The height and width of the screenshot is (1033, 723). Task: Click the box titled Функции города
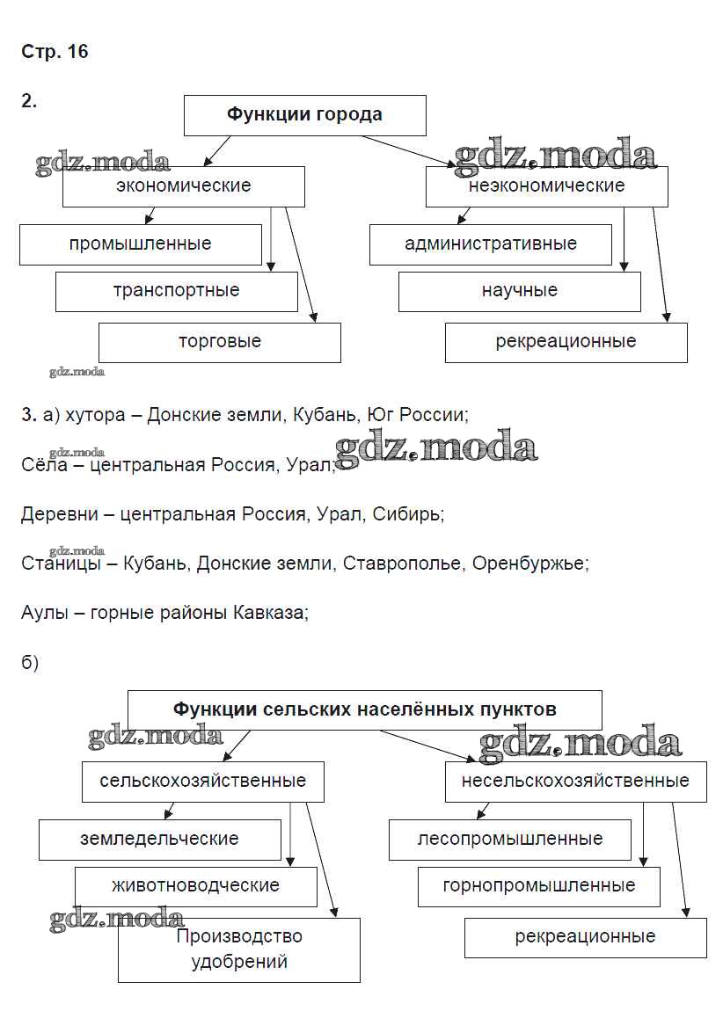coord(304,115)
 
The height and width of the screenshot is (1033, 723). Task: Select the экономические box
coord(183,186)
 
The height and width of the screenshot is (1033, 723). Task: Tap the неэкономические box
coord(546,186)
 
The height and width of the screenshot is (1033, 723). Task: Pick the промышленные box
coord(141,244)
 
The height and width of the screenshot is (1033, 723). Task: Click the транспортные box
coord(176,291)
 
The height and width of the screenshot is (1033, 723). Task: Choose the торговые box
coord(219,342)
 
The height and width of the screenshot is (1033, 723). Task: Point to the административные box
coord(490,244)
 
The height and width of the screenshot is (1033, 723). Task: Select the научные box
coord(519,291)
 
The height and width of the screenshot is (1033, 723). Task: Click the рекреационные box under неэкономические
coord(566,342)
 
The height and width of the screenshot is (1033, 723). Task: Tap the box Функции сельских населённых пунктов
coord(365,709)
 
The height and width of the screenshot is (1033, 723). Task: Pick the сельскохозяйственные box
coord(203,781)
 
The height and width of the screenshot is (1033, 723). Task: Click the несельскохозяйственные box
coord(575,781)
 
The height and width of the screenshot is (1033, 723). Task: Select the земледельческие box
coord(159,839)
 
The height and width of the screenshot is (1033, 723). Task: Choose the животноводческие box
coord(195,886)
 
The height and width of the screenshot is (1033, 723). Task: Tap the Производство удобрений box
coord(239,949)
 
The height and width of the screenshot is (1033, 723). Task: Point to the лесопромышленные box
coord(509,839)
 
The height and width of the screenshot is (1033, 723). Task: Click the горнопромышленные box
coord(538,886)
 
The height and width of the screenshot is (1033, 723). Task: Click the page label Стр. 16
coord(55,52)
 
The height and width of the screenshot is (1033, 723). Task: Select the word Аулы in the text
coord(45,613)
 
